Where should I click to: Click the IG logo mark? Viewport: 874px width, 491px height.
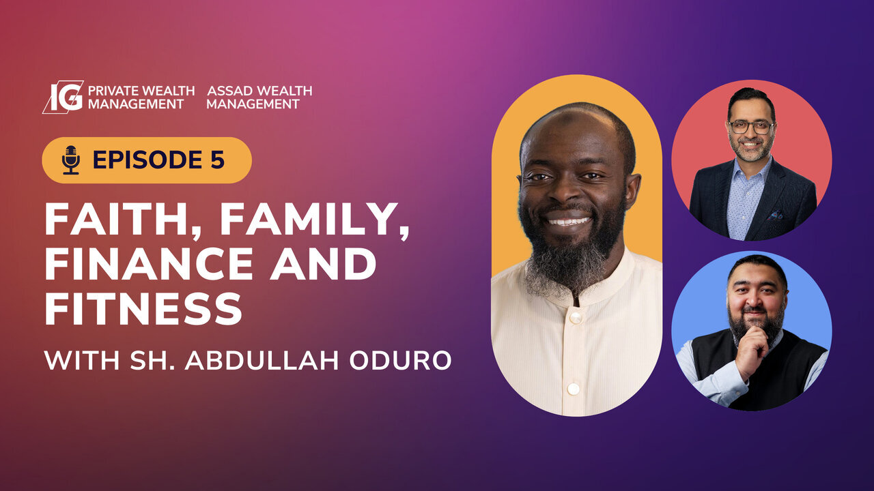click(x=63, y=97)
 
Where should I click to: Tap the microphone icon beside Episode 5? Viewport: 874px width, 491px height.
click(x=70, y=160)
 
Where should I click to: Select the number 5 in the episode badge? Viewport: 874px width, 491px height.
click(x=216, y=160)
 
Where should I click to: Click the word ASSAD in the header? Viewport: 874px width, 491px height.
click(x=229, y=91)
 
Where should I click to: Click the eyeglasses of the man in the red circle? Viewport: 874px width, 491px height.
click(x=750, y=127)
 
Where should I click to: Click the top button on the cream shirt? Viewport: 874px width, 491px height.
click(x=575, y=317)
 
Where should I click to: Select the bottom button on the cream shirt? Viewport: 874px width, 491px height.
click(x=574, y=388)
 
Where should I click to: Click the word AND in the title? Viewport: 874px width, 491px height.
click(x=323, y=265)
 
